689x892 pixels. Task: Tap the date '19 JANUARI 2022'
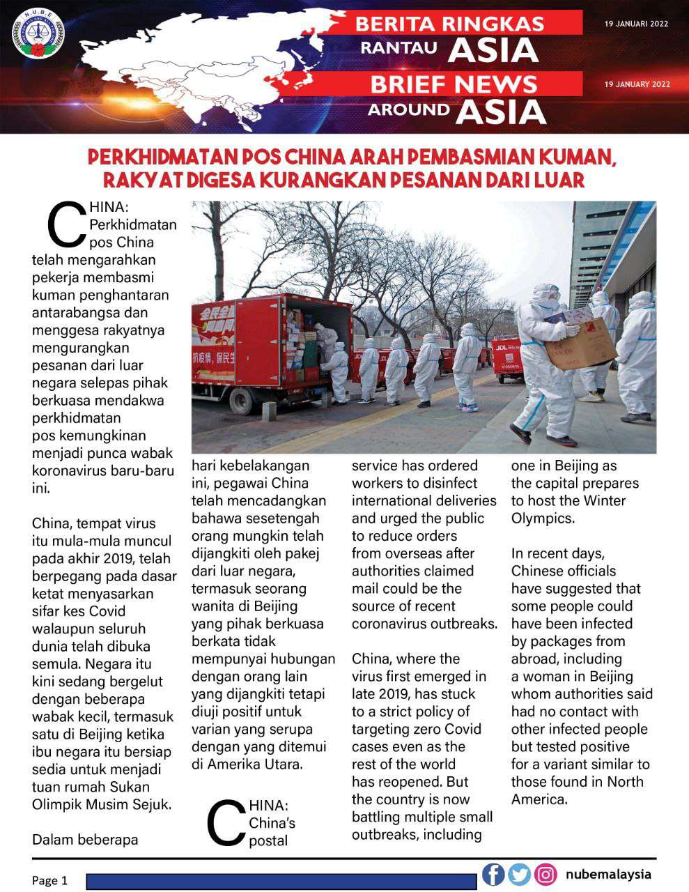point(636,24)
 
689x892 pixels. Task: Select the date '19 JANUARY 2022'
point(637,84)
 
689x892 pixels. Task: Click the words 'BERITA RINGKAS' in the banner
point(449,24)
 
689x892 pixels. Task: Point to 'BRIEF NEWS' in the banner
point(454,84)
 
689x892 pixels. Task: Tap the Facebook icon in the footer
point(493,874)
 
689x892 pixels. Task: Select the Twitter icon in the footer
point(519,874)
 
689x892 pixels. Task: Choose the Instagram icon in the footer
point(545,874)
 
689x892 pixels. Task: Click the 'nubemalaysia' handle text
point(608,874)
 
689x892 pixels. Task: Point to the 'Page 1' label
point(50,880)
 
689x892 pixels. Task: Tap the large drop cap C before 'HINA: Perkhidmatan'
point(66,224)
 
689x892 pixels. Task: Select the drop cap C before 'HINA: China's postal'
point(226,823)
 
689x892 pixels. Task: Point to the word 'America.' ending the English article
point(539,799)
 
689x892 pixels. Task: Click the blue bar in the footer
point(281,882)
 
